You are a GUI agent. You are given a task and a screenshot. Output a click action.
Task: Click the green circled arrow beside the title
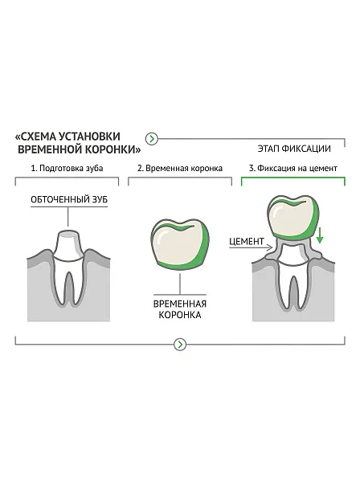point(152,139)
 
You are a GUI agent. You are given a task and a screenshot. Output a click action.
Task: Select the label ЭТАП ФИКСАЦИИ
point(294,149)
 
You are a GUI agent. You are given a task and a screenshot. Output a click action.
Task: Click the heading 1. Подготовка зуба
point(67,169)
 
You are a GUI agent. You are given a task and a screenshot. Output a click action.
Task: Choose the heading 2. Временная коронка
point(180,169)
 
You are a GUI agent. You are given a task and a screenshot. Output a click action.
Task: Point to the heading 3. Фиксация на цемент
point(293,169)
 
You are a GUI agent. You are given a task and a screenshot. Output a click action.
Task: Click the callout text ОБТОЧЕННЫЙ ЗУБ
point(69,199)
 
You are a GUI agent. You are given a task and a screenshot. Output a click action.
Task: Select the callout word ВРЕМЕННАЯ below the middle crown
point(180,304)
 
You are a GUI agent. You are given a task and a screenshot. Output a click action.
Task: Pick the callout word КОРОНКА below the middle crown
point(180,315)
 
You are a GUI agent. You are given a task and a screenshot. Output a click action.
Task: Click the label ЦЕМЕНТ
point(247,242)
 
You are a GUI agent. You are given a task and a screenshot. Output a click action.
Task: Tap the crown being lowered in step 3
point(293,219)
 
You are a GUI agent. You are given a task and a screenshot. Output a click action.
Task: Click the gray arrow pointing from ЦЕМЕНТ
point(251,247)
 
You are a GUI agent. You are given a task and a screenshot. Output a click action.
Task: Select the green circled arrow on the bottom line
point(180,345)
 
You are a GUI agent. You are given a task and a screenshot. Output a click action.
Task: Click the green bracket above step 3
point(293,178)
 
